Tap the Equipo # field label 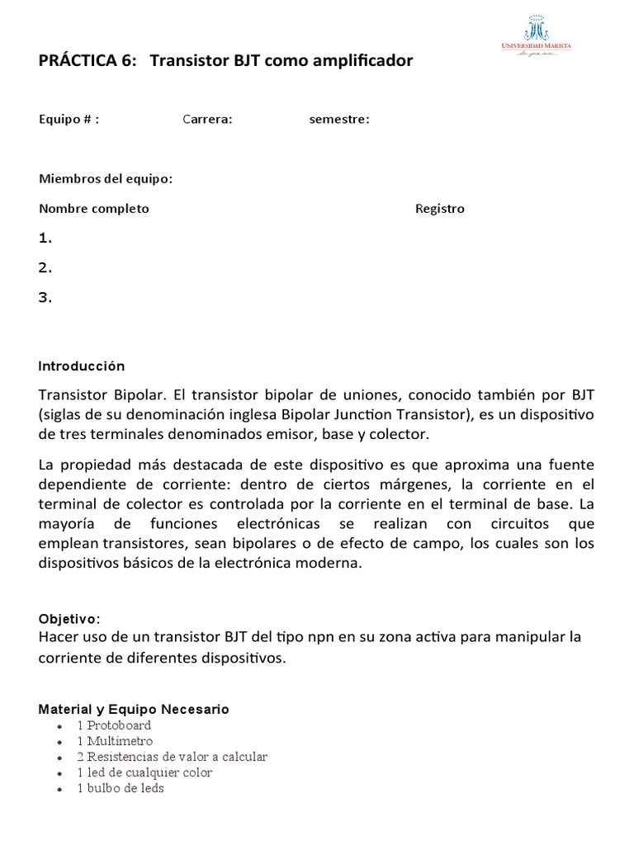click(x=69, y=119)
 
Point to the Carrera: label click(x=207, y=119)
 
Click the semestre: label click(x=339, y=119)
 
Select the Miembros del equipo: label click(x=106, y=179)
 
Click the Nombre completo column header click(x=94, y=208)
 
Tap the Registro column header click(x=439, y=208)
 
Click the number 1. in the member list click(x=45, y=238)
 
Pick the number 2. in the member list click(x=45, y=268)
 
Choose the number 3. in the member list click(x=45, y=298)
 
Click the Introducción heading click(x=81, y=366)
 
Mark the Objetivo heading click(x=69, y=619)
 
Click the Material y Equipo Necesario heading click(x=134, y=709)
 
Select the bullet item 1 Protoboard click(x=114, y=725)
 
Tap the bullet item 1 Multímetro click(x=115, y=741)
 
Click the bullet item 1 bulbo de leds click(x=121, y=788)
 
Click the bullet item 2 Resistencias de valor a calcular click(x=172, y=757)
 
